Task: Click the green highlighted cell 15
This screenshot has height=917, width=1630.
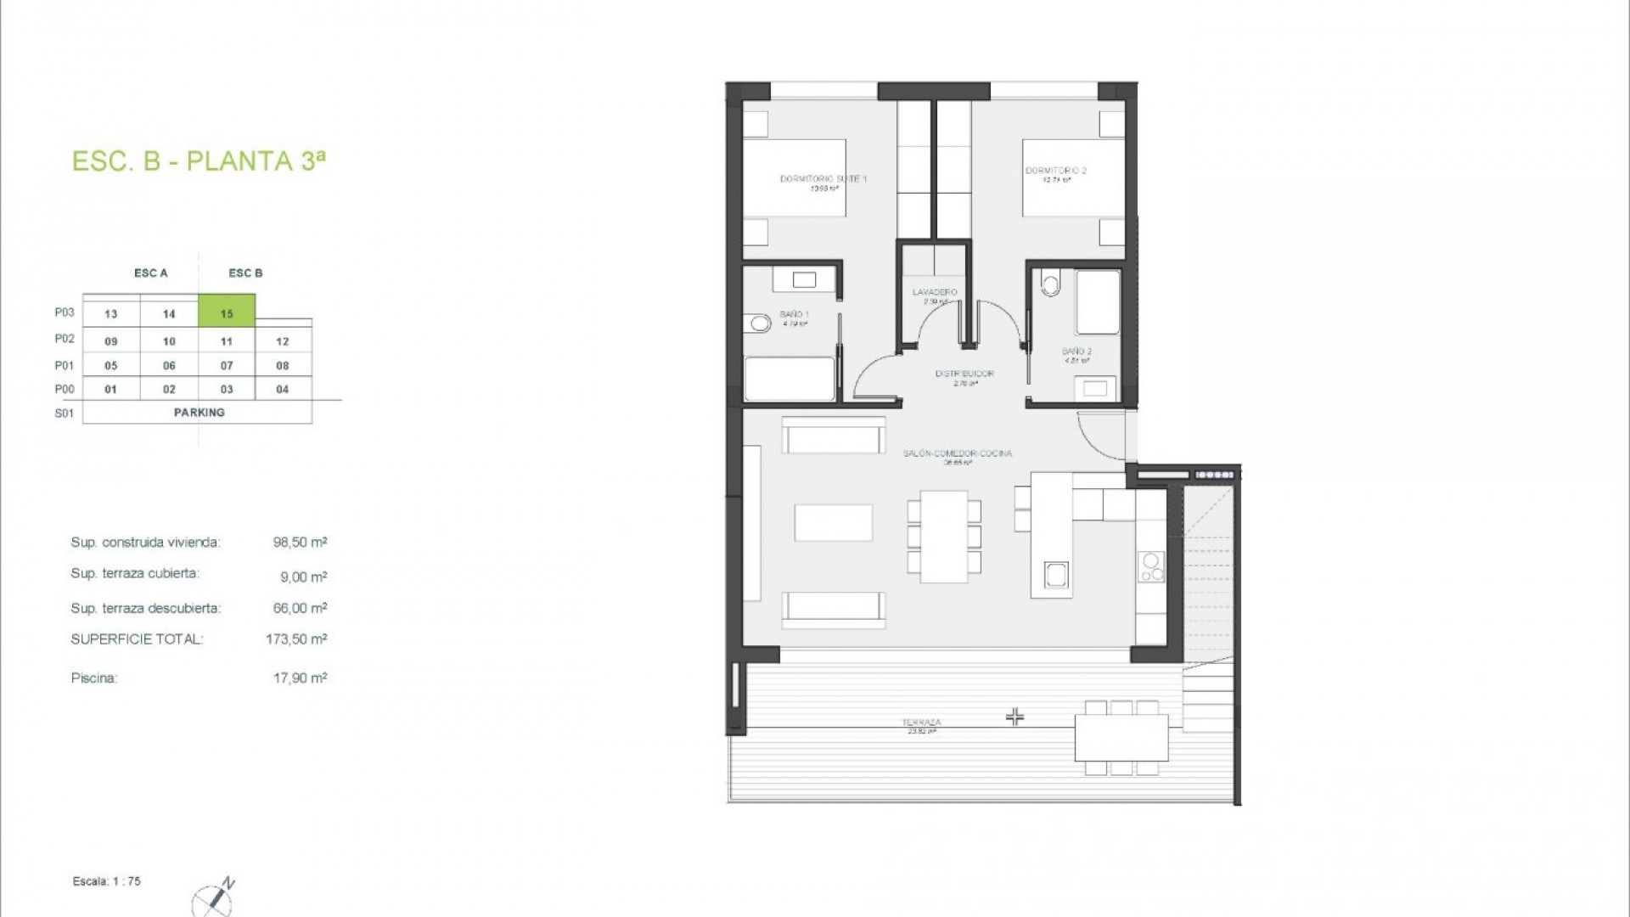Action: (x=227, y=312)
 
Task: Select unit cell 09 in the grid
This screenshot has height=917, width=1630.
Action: (x=111, y=341)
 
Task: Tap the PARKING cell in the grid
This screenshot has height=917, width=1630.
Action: (x=199, y=413)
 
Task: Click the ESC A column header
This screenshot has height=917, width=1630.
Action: (x=151, y=273)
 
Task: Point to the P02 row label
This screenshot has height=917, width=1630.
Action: (x=65, y=339)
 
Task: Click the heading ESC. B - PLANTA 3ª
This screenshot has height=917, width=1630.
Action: (x=199, y=160)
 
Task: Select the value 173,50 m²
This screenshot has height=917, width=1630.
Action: (x=295, y=639)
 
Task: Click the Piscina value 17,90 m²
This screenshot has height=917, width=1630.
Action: (x=300, y=678)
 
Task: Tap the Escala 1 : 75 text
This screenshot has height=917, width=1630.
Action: (x=107, y=881)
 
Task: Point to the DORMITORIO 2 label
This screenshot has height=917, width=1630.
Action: (x=1055, y=171)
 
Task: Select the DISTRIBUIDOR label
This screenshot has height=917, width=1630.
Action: (x=964, y=374)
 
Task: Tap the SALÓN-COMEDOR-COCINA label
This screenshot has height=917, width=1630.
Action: (x=958, y=453)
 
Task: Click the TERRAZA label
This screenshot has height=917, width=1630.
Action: (x=920, y=723)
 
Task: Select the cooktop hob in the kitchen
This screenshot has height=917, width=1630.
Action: (x=1152, y=567)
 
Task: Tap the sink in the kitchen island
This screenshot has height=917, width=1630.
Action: (x=1057, y=575)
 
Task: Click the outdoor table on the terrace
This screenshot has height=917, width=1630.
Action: (x=1121, y=737)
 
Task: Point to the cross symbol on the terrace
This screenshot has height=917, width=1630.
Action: (x=1015, y=717)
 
